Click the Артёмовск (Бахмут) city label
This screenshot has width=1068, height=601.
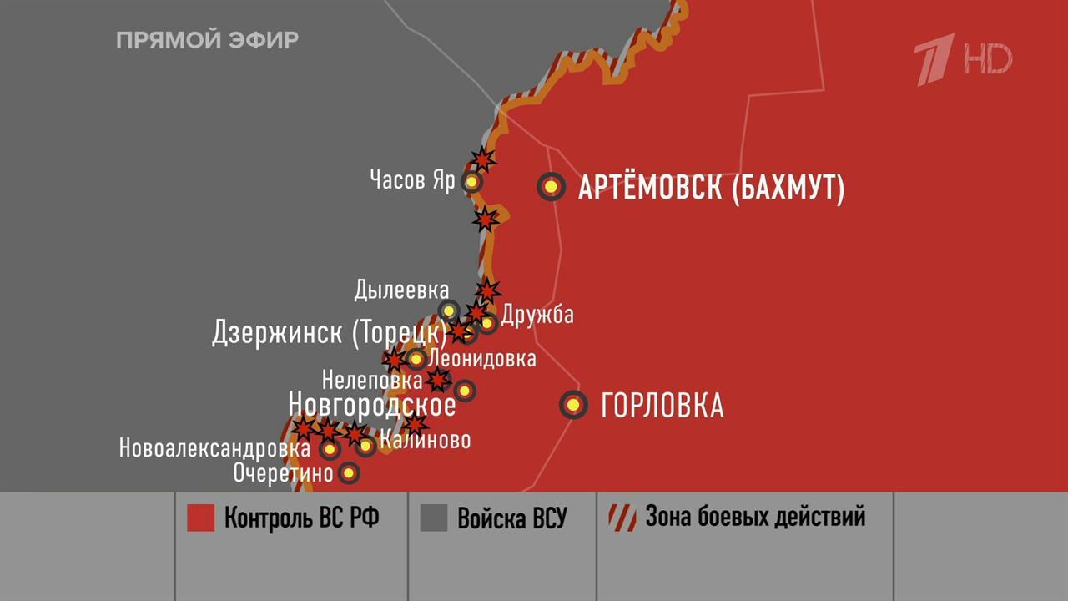click(x=711, y=188)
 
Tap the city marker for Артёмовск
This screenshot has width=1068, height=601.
click(x=551, y=187)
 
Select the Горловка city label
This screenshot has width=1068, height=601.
click(x=662, y=407)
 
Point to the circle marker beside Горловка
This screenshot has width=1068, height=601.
click(x=573, y=406)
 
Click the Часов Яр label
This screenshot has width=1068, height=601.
click(x=412, y=180)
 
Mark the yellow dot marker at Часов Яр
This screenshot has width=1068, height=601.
click(x=472, y=181)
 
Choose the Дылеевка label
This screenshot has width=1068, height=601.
click(x=401, y=290)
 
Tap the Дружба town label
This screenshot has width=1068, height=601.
click(x=537, y=315)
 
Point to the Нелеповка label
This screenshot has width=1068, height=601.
click(x=372, y=381)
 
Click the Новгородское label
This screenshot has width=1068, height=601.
click(x=372, y=405)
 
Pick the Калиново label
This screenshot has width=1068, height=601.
click(x=425, y=440)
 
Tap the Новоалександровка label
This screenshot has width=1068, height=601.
click(x=214, y=449)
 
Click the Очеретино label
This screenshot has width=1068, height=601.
click(x=283, y=474)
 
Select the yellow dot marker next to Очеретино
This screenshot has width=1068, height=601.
click(x=349, y=474)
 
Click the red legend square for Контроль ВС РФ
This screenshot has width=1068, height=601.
click(x=200, y=518)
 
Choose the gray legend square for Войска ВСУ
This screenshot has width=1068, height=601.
click(x=434, y=518)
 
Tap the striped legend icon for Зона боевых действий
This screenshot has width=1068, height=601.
click(x=622, y=518)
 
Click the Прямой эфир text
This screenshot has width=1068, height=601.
click(x=207, y=40)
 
